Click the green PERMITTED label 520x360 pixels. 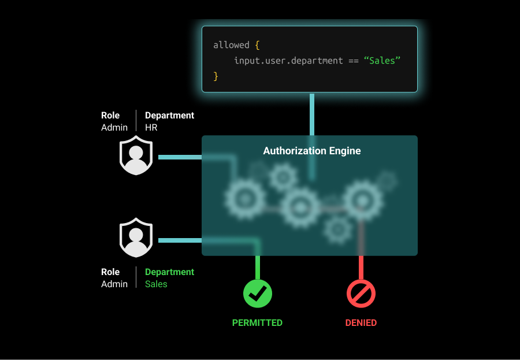(257, 323)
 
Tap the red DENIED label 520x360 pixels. (361, 323)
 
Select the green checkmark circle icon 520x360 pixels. (257, 294)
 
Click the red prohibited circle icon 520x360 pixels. (361, 294)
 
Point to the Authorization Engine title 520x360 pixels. (312, 151)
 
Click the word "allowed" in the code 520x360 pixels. (231, 45)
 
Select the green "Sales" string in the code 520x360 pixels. (382, 61)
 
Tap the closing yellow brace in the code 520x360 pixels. (216, 76)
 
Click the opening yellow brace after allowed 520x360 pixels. (257, 45)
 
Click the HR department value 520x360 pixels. (151, 128)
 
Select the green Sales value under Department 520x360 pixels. (156, 284)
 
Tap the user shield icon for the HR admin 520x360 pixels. (136, 155)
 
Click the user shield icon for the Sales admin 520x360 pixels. (136, 237)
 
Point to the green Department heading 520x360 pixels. (169, 272)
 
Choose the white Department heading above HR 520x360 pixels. (169, 116)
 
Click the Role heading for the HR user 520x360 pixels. (110, 116)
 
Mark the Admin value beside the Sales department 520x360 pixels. (114, 284)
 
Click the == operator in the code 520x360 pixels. (353, 61)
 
